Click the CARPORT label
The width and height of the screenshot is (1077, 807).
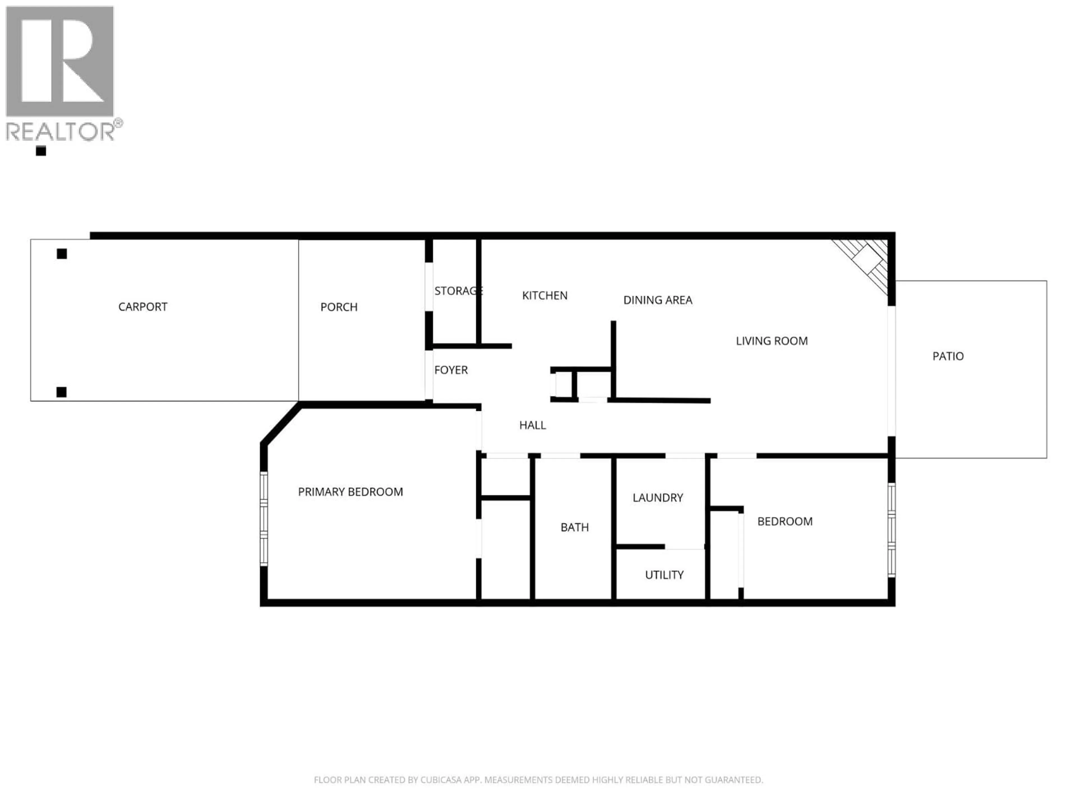point(143,307)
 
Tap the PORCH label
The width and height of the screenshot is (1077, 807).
point(339,307)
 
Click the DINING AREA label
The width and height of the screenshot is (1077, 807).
point(657,300)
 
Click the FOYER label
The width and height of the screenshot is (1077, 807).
point(451,370)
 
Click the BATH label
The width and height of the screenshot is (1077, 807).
point(574,527)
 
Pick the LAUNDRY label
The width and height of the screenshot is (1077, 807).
point(658,498)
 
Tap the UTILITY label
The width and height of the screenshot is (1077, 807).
point(664,575)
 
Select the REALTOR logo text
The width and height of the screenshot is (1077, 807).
point(61,131)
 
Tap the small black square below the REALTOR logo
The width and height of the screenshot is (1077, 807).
point(41,151)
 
